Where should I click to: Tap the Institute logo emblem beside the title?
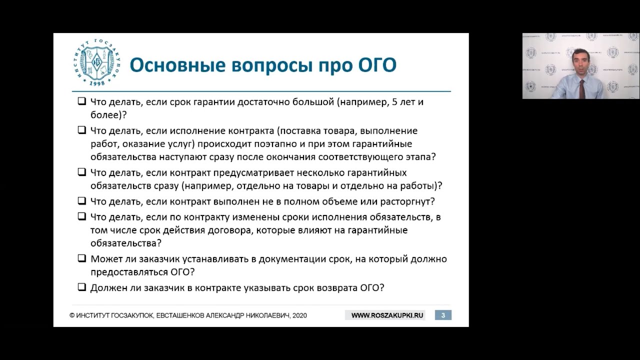[97, 62]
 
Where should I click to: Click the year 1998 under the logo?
[97, 83]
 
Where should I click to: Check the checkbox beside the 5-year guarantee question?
[82, 101]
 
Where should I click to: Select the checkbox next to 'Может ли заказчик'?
[82, 258]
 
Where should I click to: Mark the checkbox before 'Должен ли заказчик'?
[82, 287]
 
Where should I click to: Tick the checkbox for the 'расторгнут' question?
[82, 201]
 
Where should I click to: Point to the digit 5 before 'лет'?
[395, 102]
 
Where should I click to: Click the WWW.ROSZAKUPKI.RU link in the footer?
[387, 315]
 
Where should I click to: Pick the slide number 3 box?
[443, 315]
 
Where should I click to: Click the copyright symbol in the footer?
[72, 315]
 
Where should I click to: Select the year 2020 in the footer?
[299, 315]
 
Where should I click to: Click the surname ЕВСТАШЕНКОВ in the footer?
[180, 315]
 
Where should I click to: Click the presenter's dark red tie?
[581, 89]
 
